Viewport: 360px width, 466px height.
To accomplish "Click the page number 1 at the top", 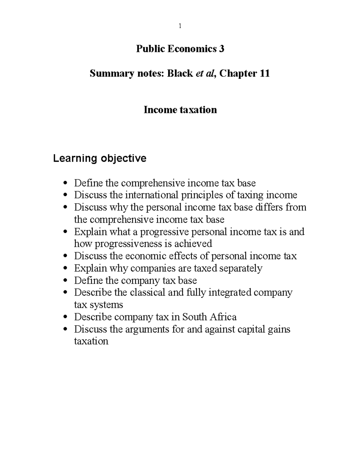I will tap(180, 26).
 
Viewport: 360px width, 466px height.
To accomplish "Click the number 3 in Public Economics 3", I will tap(221, 49).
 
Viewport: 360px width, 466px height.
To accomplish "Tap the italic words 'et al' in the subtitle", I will tap(205, 73).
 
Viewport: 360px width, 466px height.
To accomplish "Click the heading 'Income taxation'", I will tap(180, 110).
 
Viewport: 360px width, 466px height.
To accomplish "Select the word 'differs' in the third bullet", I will tap(269, 207).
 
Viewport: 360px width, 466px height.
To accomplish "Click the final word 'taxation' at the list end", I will tap(91, 341).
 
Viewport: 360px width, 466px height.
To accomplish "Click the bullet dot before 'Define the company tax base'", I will tap(66, 281).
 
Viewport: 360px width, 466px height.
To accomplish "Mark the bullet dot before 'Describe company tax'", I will tap(66, 317).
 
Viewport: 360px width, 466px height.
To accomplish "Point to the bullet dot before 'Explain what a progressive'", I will tap(66, 232).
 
